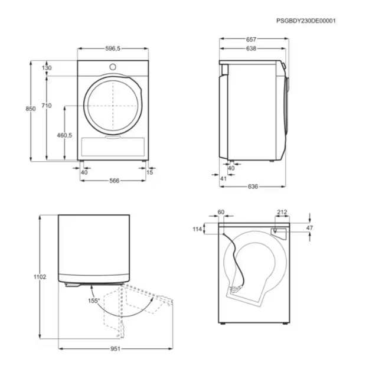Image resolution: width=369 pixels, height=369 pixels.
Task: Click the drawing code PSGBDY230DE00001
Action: point(306,21)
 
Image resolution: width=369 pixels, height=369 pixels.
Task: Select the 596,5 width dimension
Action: point(113,48)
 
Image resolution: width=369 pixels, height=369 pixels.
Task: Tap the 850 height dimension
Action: point(31,109)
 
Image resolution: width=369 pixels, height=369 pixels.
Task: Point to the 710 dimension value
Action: point(47,106)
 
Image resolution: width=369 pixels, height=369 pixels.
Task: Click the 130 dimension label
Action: point(47,68)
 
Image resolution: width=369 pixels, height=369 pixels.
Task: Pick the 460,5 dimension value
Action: point(64,135)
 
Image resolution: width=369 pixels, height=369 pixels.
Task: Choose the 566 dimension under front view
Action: point(115,181)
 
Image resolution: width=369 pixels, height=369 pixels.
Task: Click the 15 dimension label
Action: point(150,172)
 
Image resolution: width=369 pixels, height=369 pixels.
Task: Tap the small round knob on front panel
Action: point(113,67)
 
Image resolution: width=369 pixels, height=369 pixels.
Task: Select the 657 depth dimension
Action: point(251,40)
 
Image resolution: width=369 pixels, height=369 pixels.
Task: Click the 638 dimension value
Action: point(251,48)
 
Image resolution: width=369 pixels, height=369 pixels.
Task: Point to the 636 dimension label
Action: point(253,187)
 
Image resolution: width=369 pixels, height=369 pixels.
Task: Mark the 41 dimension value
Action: point(223,179)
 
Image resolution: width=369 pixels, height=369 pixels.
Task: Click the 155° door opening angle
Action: point(94,301)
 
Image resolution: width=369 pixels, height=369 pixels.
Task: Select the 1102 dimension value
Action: point(40,277)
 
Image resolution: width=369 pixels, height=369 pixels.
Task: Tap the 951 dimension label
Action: point(115,348)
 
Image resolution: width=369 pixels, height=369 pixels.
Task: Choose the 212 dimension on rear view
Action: point(282,213)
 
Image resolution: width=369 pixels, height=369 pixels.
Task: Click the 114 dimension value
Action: point(197,229)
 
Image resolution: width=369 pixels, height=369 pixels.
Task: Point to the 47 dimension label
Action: point(310,228)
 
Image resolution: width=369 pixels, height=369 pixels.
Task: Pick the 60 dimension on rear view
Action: point(221,213)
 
